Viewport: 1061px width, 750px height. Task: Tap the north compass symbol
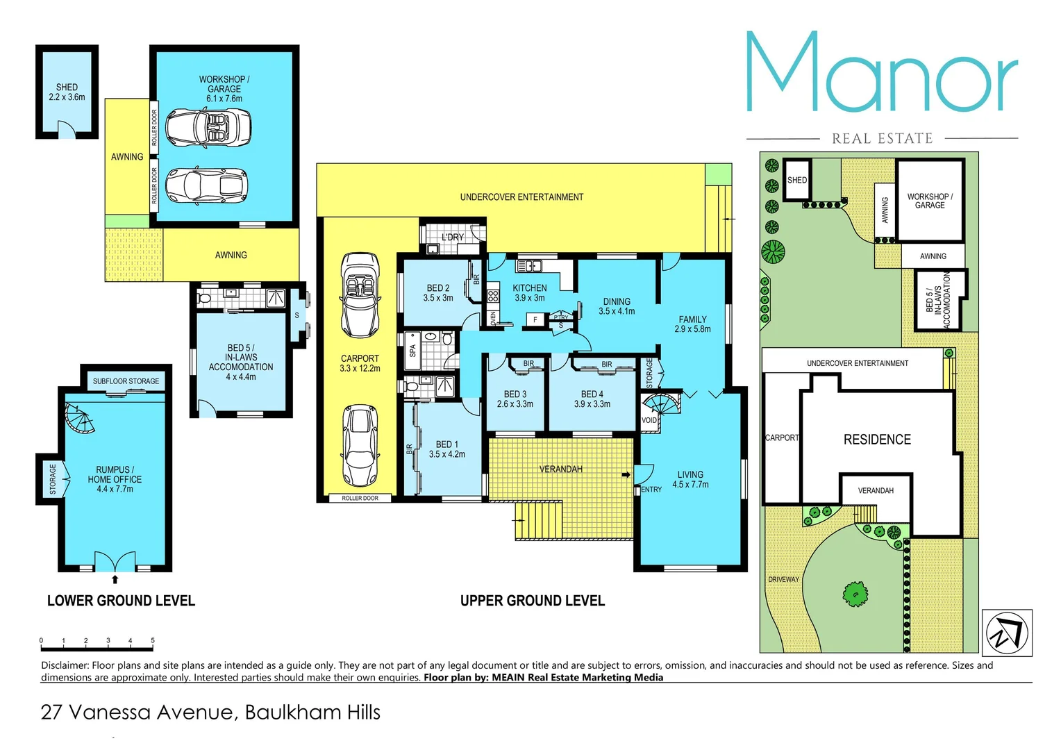(x=1007, y=633)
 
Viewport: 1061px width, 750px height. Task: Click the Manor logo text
(x=882, y=73)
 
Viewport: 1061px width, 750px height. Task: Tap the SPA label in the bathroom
(x=412, y=351)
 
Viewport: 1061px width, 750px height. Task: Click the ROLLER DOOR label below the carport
(x=360, y=498)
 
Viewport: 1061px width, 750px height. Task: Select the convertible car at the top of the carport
(x=360, y=294)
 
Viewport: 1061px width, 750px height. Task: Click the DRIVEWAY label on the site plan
(x=783, y=579)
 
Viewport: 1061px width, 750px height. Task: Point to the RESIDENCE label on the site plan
(x=877, y=440)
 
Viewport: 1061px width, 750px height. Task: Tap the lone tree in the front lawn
(x=855, y=594)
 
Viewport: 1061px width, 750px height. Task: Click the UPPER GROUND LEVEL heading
(x=533, y=601)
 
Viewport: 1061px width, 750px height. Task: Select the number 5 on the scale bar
(x=153, y=640)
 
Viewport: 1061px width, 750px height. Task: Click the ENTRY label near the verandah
(x=651, y=490)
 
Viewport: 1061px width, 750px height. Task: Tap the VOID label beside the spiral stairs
(x=649, y=420)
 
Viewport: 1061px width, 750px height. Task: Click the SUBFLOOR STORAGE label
(x=126, y=381)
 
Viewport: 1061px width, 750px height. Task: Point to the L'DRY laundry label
(x=453, y=237)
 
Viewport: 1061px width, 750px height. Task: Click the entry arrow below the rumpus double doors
(x=115, y=579)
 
